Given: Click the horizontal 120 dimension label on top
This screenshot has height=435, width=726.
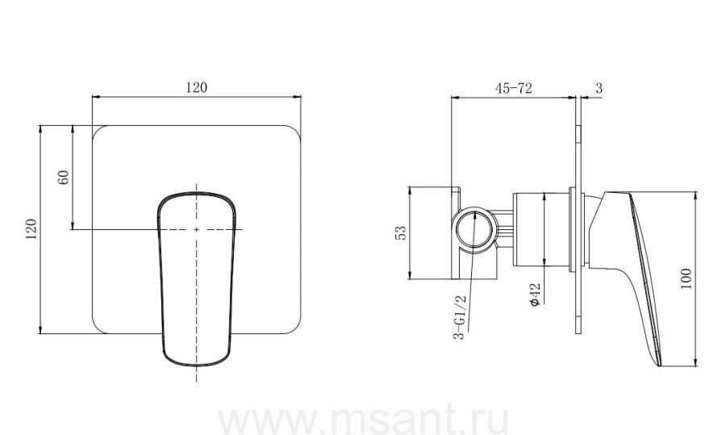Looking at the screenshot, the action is coord(197,87).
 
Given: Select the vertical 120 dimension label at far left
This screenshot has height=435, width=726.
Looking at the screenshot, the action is coord(31,229).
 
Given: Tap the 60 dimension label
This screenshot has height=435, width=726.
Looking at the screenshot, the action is coord(64,177).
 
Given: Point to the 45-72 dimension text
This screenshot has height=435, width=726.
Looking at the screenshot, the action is coord(514,87).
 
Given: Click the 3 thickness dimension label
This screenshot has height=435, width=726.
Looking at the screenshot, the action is coord(599,88).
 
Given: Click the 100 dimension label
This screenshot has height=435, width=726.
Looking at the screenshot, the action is coord(686,279).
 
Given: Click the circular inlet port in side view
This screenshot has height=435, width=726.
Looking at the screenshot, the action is coord(475,230).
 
